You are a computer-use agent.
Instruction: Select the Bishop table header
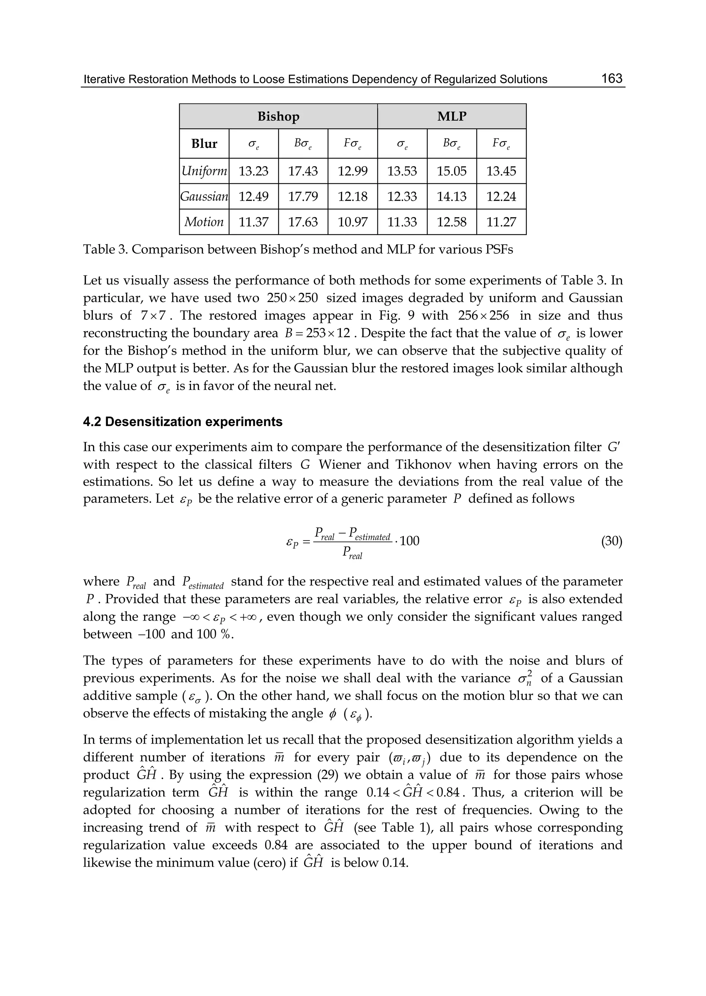tap(278, 117)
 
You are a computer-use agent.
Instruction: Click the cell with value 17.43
tap(303, 171)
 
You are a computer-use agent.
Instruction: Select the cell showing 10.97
tap(353, 222)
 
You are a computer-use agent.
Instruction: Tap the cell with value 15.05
tap(452, 171)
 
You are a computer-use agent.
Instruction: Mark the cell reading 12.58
tap(452, 222)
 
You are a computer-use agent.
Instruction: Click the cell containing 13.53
tap(402, 171)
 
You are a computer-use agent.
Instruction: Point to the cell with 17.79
tap(303, 197)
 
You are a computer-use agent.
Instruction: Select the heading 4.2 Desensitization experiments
tap(183, 422)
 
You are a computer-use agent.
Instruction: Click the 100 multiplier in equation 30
tap(409, 541)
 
